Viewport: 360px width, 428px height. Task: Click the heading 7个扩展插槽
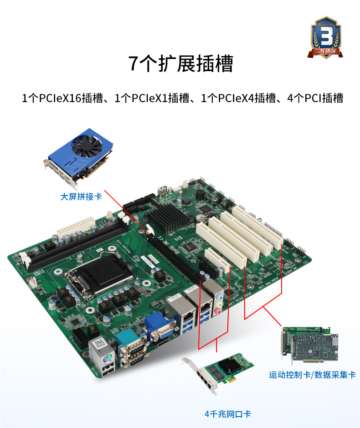(180, 64)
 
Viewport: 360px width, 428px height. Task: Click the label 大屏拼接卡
(81, 197)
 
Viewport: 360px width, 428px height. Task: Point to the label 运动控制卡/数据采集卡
(312, 375)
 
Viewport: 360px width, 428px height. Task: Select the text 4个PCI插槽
(314, 98)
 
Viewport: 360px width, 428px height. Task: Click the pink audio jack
(218, 312)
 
